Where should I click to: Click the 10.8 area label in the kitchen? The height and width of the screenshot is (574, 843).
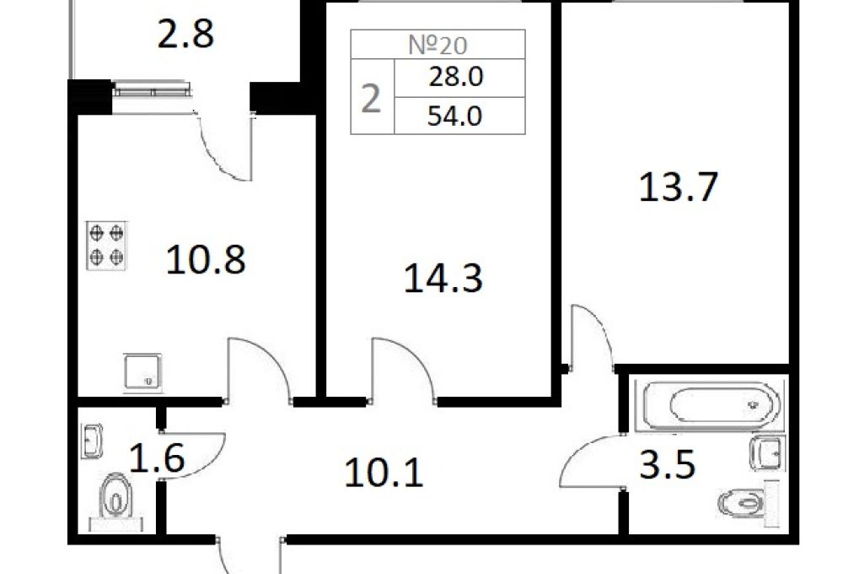206,259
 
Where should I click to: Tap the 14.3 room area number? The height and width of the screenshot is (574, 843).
443,278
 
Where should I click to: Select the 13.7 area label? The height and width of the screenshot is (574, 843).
679,187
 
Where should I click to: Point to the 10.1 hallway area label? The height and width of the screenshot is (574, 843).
384,473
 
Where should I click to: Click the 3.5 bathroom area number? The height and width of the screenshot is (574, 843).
667,464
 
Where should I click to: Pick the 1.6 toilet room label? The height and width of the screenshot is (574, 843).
157,458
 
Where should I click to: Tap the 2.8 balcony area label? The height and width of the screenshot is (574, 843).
185,34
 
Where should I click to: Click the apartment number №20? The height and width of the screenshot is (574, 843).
438,45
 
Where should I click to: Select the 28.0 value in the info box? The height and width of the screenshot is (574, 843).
455,77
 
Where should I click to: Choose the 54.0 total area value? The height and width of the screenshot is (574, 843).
455,116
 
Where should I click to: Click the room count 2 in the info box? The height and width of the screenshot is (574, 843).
371,99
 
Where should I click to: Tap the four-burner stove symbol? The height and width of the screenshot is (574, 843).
106,245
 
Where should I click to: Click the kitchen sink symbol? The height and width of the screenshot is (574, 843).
142,371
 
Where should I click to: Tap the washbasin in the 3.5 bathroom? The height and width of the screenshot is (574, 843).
766,452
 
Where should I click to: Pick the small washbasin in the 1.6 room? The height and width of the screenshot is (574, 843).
92,441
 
